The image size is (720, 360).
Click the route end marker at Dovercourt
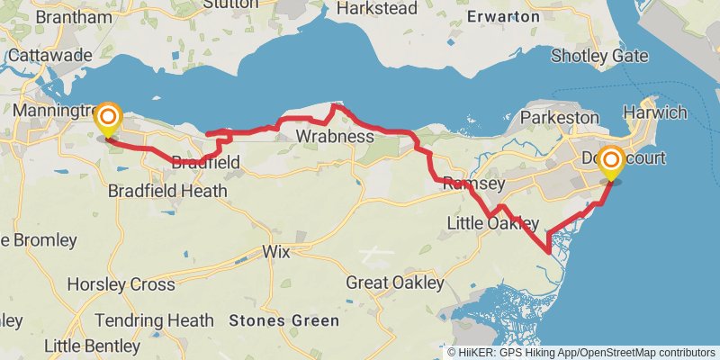611,163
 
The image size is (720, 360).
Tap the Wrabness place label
334,137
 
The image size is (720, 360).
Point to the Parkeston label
559,118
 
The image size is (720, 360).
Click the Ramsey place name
472,184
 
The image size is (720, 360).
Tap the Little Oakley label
494,223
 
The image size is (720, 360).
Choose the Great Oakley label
395,283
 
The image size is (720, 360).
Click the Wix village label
276,252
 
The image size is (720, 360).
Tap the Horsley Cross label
121,284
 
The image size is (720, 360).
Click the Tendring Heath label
154,320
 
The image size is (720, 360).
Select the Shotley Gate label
599,56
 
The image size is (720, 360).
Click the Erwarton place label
504,16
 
